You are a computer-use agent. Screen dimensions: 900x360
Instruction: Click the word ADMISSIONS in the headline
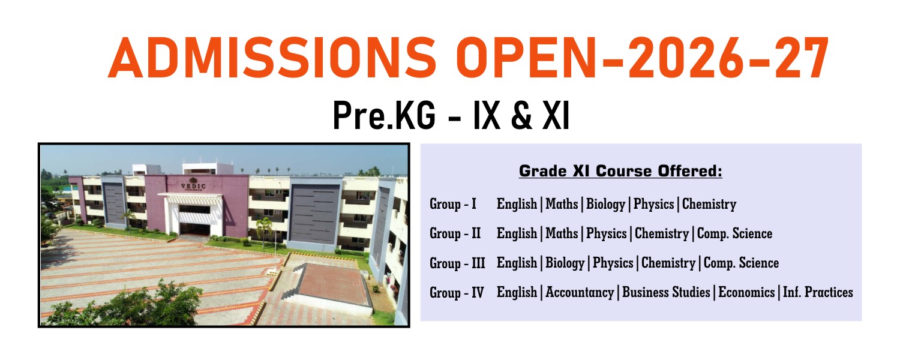[272, 58]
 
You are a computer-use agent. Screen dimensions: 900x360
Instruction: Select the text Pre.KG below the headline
[384, 116]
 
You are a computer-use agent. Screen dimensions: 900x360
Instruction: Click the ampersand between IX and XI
[521, 116]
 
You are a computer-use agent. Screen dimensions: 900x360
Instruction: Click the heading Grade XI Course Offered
[620, 171]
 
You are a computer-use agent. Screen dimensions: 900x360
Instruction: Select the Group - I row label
[453, 204]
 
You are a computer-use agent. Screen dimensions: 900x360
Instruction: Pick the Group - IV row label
[457, 293]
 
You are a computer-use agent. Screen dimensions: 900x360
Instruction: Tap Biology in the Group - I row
[605, 205]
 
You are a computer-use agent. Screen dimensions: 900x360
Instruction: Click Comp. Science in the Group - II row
[734, 233]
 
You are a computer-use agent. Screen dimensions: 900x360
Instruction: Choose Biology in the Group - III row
[565, 263]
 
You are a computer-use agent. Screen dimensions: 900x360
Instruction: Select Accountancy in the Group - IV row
[580, 293]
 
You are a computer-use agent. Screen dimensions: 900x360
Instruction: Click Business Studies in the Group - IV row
[666, 292]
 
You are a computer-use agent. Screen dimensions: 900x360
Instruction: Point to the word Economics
[746, 292]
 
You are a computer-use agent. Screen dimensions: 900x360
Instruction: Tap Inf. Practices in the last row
[818, 292]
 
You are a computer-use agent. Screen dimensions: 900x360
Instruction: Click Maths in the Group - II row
[562, 233]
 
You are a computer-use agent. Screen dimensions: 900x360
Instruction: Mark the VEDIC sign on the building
[193, 186]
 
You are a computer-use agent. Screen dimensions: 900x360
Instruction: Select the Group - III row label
[457, 263]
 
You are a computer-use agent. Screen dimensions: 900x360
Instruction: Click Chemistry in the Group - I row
[709, 205]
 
